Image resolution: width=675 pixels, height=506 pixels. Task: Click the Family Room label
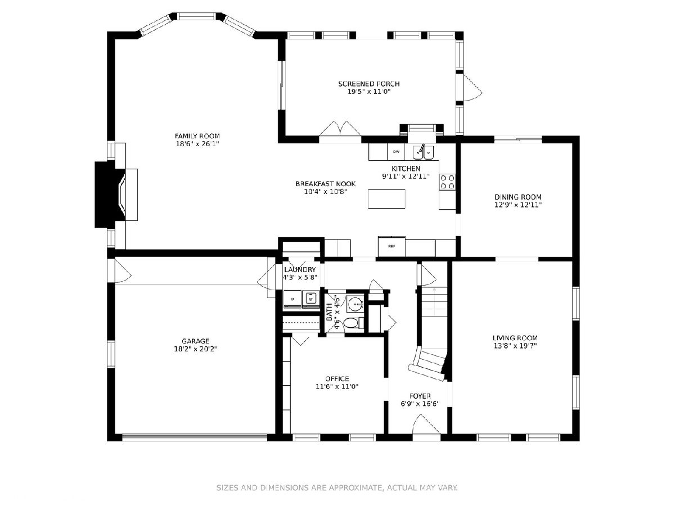pyautogui.click(x=197, y=136)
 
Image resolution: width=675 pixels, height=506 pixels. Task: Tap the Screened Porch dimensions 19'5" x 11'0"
pyautogui.click(x=368, y=92)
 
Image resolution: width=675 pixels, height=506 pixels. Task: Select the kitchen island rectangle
pyautogui.click(x=386, y=199)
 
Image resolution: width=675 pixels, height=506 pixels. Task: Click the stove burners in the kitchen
pyautogui.click(x=447, y=182)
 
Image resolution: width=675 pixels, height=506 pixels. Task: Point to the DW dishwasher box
pyautogui.click(x=396, y=152)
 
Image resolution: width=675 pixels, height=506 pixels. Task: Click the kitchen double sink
pyautogui.click(x=423, y=152)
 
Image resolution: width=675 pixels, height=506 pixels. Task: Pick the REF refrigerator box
pyautogui.click(x=391, y=246)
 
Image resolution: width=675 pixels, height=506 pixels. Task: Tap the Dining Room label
pyautogui.click(x=518, y=197)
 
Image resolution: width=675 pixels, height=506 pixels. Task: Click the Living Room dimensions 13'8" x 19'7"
pyautogui.click(x=515, y=346)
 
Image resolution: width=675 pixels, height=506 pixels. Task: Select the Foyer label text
pyautogui.click(x=420, y=396)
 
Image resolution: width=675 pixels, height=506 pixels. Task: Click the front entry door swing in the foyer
pyautogui.click(x=426, y=424)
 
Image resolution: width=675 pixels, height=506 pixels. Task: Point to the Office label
pyautogui.click(x=337, y=379)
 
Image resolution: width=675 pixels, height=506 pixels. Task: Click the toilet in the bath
pyautogui.click(x=353, y=323)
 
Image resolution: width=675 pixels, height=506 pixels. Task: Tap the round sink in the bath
pyautogui.click(x=355, y=304)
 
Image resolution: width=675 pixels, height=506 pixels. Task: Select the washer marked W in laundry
pyautogui.click(x=311, y=299)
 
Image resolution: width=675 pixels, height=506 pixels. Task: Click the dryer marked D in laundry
pyautogui.click(x=292, y=299)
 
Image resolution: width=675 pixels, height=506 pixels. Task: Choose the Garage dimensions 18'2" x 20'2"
pyautogui.click(x=195, y=349)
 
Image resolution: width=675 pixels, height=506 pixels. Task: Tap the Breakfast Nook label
pyautogui.click(x=325, y=184)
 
